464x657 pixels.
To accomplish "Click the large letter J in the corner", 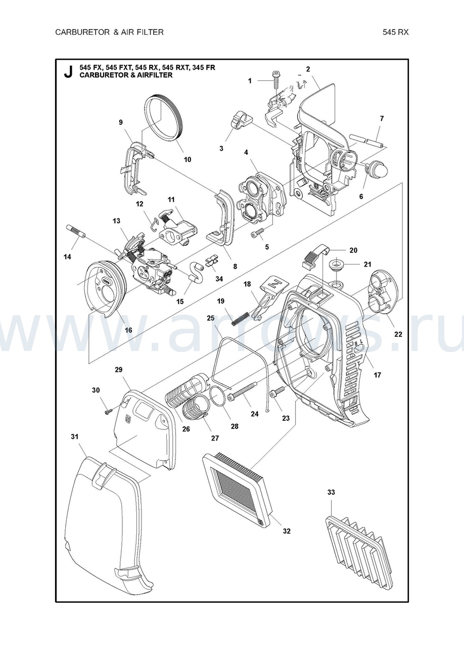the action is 68,71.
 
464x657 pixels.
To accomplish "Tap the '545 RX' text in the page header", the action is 395,32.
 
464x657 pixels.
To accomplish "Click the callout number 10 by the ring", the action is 188,159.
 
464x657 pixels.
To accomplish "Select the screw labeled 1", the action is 276,80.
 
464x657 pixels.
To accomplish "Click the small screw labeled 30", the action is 107,412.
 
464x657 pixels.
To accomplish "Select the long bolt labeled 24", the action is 243,390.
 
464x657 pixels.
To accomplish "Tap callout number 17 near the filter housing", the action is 377,375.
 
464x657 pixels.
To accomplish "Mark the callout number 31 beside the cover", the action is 75,445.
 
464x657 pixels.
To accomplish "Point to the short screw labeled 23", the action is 277,392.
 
